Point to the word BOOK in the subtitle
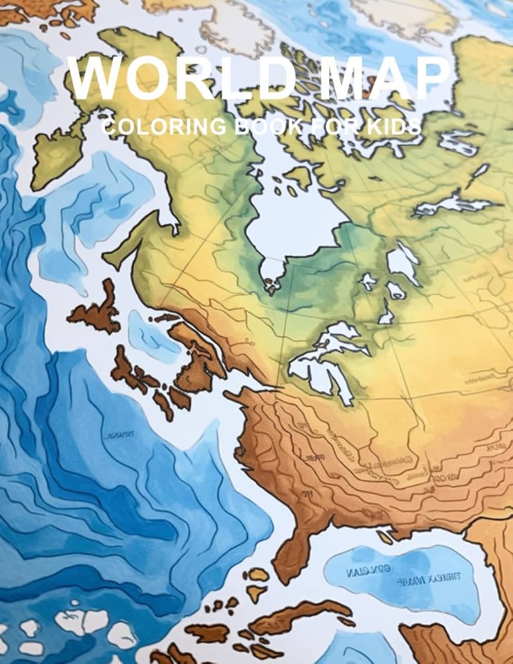pyautogui.click(x=259, y=126)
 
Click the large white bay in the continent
pyautogui.click(x=292, y=219)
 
